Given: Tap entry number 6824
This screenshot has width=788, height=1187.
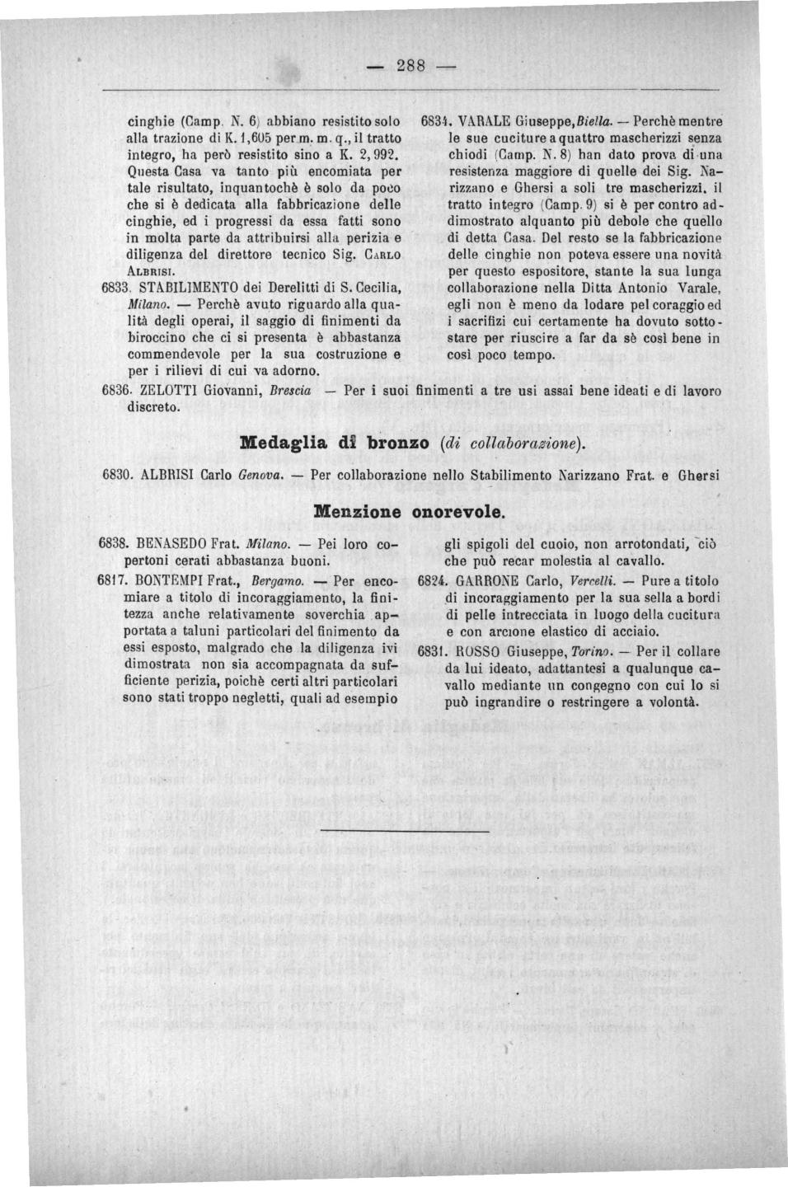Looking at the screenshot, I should pyautogui.click(x=434, y=579).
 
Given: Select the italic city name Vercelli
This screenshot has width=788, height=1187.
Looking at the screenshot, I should pyautogui.click(x=584, y=579).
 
